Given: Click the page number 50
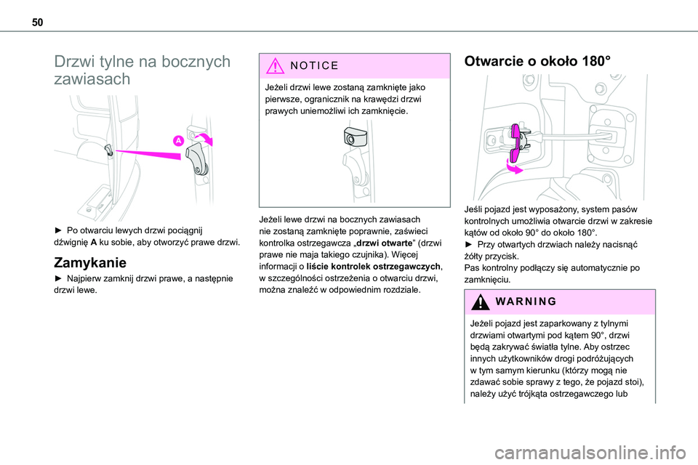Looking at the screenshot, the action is tap(37, 23).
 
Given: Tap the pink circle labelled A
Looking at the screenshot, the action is tap(179, 141).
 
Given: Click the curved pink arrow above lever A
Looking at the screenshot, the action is tap(206, 138).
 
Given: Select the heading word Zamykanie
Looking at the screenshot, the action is tap(90, 262).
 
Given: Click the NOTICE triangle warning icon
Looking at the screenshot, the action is tap(276, 65).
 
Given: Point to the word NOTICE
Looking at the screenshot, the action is tap(314, 66).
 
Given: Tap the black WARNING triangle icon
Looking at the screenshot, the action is tap(481, 302).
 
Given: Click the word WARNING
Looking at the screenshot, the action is tap(526, 302).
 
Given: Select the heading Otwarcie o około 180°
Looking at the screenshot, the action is tap(537, 61).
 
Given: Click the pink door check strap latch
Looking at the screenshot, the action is tap(516, 143).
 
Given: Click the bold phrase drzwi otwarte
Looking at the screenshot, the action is tap(385, 243).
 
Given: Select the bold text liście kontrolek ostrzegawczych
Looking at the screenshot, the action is tap(373, 267).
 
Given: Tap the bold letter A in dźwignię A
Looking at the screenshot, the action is tap(94, 243).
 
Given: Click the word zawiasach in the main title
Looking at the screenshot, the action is tap(92, 79).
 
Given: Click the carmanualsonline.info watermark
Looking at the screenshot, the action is tap(590, 453).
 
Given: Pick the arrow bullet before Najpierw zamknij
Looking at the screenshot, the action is tap(58, 278).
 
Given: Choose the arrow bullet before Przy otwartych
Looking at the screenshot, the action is tap(468, 244).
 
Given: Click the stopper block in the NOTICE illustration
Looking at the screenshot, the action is tap(356, 136).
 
